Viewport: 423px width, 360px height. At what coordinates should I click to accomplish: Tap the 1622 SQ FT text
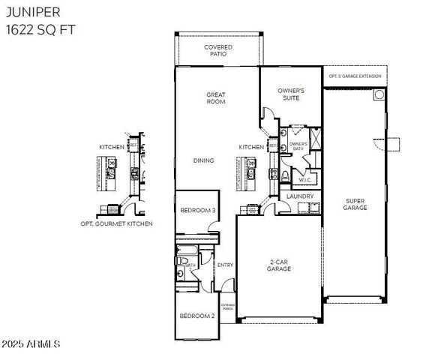(38, 30)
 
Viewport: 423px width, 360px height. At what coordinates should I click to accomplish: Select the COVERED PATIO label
(218, 50)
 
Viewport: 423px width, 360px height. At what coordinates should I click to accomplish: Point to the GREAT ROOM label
(217, 98)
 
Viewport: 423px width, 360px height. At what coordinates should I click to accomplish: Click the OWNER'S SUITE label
(290, 94)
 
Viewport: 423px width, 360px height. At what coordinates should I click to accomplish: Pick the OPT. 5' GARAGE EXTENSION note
(355, 76)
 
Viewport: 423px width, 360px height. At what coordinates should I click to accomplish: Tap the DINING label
(204, 160)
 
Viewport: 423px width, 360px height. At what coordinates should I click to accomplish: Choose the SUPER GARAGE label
(355, 204)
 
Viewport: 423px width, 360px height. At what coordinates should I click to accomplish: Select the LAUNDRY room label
(300, 196)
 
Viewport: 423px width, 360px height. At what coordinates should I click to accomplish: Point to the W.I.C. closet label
(305, 179)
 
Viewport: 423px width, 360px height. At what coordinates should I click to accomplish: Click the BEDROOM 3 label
(198, 211)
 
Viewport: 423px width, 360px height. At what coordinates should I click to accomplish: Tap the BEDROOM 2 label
(197, 316)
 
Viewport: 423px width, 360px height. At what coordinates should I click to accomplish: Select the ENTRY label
(225, 265)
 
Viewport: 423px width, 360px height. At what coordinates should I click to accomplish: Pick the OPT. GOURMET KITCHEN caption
(116, 223)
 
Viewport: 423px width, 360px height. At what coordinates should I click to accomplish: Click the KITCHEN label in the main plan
(251, 147)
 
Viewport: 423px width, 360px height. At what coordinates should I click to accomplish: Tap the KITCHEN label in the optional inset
(112, 147)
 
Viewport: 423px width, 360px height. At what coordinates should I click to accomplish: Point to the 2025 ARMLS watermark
(31, 343)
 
